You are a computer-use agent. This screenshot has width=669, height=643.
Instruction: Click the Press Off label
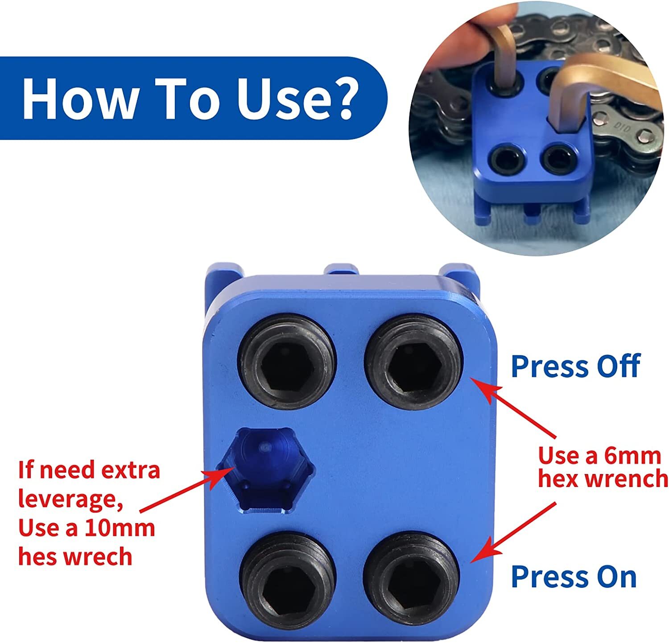pyautogui.click(x=575, y=367)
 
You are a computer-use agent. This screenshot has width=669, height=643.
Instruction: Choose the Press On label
pyautogui.click(x=574, y=576)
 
